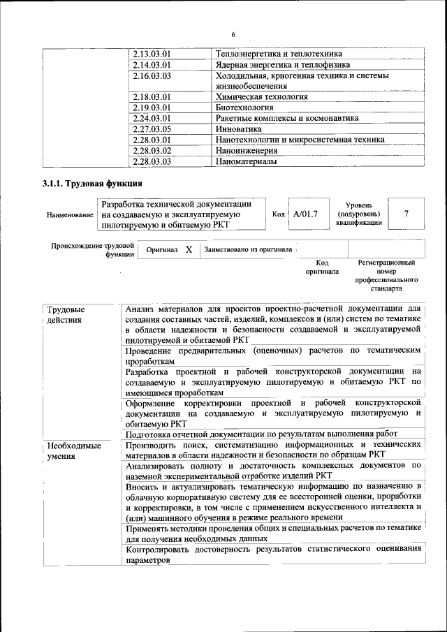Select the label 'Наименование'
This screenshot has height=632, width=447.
coord(70,214)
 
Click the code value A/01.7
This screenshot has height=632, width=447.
coord(306,214)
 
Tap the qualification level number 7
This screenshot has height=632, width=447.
coord(406,214)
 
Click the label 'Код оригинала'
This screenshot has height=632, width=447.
coord(323,267)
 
